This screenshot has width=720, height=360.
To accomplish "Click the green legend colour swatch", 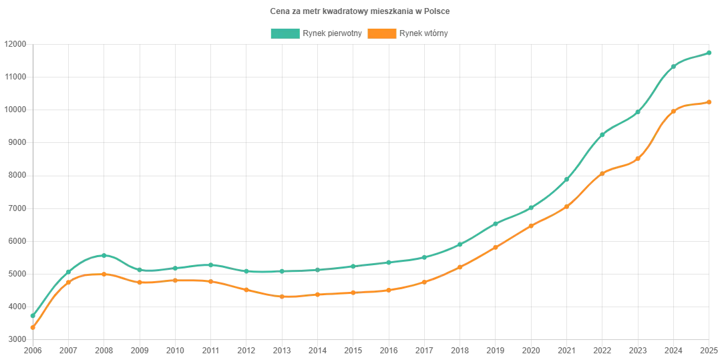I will [285, 33].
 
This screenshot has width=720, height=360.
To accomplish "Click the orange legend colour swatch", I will [381, 33].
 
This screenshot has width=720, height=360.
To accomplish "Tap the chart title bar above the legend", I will [360, 11].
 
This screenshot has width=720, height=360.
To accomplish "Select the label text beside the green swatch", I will [332, 33].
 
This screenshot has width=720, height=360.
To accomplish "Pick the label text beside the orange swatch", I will [423, 33].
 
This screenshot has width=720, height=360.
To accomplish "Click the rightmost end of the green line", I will [710, 52].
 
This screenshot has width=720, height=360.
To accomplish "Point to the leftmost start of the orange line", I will [31, 327].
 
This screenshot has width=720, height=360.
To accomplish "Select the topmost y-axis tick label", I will [15, 43].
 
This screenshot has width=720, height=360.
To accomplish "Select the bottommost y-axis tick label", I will [15, 337].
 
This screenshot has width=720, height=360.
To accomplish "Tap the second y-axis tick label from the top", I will [15, 75].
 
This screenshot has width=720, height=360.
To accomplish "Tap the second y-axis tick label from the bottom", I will [15, 304].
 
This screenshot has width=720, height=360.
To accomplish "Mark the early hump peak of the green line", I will [103, 254].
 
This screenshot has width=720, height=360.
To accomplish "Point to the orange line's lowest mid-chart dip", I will [284, 295].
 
